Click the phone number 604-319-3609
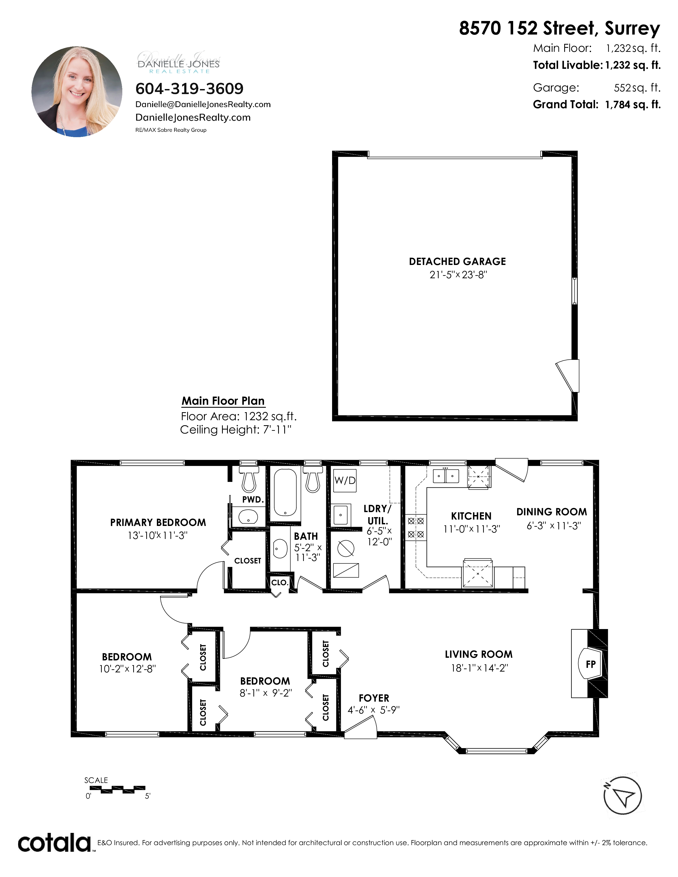click(x=190, y=88)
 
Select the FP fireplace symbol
click(x=590, y=664)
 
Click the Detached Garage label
click(x=458, y=262)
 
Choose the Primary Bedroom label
click(x=158, y=522)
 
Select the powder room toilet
click(x=249, y=479)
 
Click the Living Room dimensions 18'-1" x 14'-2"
click(x=480, y=668)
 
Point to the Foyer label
click(x=374, y=698)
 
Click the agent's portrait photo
click(x=77, y=92)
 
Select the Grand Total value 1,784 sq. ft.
click(x=633, y=104)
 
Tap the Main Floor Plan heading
click(x=223, y=401)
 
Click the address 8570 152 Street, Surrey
click(x=559, y=28)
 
